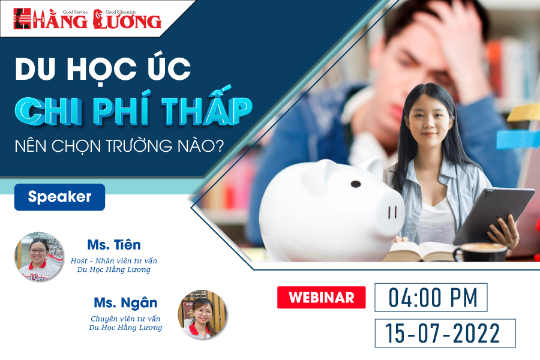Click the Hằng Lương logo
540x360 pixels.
[x=88, y=19]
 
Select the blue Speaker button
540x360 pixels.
[x=59, y=197]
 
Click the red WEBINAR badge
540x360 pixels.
[x=322, y=298]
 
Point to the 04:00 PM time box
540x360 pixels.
[x=431, y=298]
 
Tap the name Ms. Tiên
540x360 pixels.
[x=114, y=245]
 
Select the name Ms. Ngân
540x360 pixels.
[x=126, y=303]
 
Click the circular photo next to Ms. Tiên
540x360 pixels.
[x=39, y=256]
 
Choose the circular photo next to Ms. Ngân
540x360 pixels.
[x=203, y=314]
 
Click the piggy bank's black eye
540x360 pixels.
[x=356, y=184]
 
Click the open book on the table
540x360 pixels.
[x=420, y=251]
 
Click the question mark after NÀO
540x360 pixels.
[x=218, y=146]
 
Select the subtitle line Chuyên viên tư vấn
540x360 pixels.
[x=126, y=319]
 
